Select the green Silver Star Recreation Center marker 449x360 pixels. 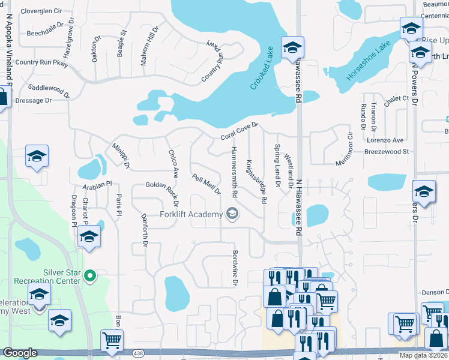(x=90, y=276)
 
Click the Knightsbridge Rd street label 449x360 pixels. (x=256, y=181)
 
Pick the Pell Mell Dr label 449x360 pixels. (x=206, y=185)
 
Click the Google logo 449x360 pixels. (x=20, y=353)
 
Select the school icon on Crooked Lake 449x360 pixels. (x=292, y=47)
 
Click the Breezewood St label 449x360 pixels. (x=386, y=152)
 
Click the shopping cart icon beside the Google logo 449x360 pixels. (x=112, y=340)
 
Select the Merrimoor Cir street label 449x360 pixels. (x=345, y=146)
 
